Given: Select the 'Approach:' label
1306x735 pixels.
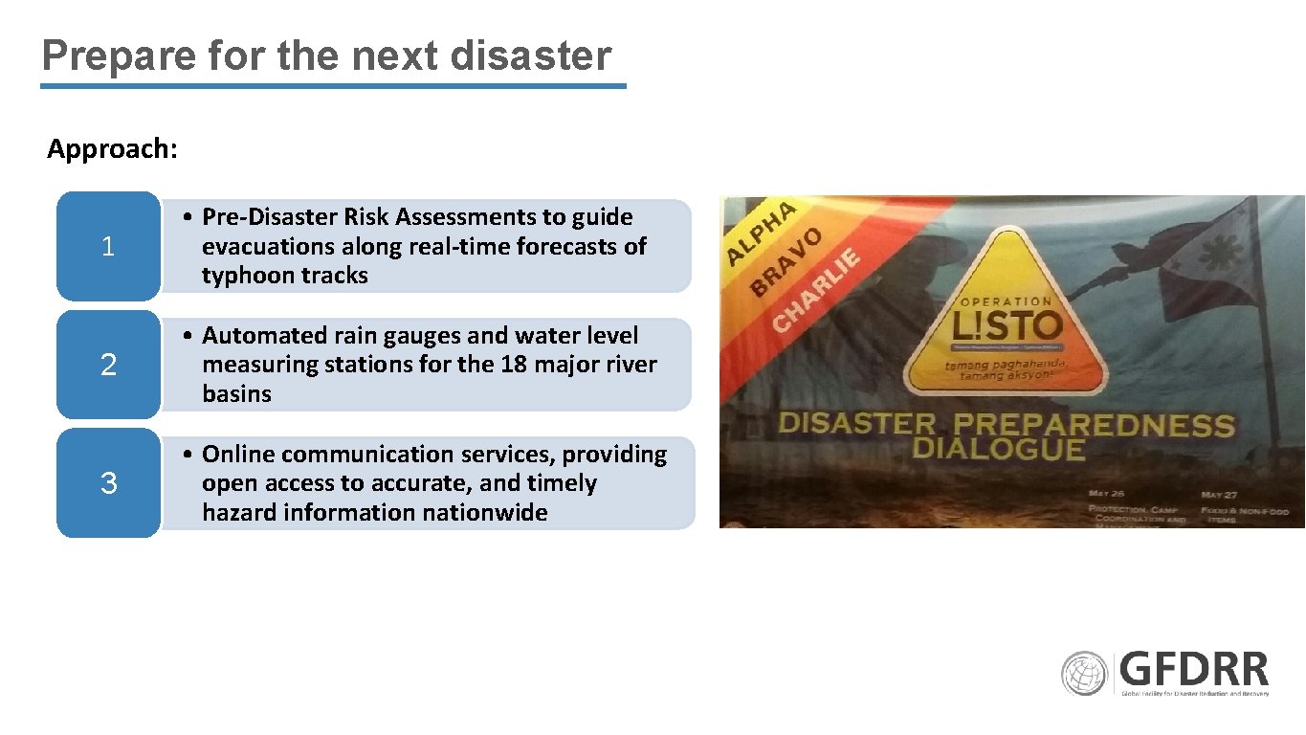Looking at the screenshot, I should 112,149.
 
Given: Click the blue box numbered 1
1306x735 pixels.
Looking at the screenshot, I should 108,247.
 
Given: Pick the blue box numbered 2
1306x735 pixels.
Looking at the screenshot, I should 108,365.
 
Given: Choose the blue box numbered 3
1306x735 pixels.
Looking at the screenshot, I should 108,483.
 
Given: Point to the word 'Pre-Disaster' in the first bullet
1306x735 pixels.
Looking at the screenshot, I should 270,217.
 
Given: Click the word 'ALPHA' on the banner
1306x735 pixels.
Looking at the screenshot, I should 762,232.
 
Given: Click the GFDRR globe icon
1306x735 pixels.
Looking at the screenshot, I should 1084,674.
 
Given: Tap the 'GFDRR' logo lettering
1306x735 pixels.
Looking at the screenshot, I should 1194,669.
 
